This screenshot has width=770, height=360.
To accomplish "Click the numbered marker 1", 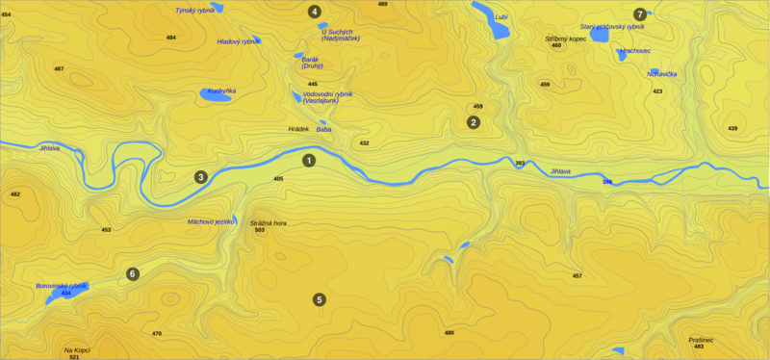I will click(x=309, y=160).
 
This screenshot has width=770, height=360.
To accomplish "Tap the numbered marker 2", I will click(x=473, y=122).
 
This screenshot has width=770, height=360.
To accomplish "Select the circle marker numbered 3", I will click(x=200, y=177).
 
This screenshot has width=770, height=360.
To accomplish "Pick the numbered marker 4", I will click(x=314, y=12).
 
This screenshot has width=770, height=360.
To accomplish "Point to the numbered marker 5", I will click(x=320, y=299).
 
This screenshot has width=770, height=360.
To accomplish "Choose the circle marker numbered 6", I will click(x=133, y=274).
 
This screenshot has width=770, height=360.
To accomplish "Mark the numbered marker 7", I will click(x=640, y=13).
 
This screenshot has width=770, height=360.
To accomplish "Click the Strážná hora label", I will click(x=269, y=223).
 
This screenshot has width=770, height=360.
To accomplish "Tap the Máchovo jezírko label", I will click(x=211, y=221).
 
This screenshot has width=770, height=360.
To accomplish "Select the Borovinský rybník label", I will click(x=62, y=286).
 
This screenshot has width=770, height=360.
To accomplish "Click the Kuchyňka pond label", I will click(x=222, y=90).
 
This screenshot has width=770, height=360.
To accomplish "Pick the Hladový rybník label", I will click(x=238, y=41).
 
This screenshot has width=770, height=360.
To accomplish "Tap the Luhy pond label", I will click(x=500, y=17).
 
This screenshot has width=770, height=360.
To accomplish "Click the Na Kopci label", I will click(x=77, y=350).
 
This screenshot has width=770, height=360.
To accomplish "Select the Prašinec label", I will click(x=701, y=340).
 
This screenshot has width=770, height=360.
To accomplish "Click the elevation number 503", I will click(x=260, y=231).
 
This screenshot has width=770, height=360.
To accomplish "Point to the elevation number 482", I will click(x=14, y=194).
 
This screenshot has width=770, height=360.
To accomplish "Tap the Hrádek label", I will click(x=298, y=129).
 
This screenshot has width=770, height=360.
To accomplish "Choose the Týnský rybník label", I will click(x=194, y=10).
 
